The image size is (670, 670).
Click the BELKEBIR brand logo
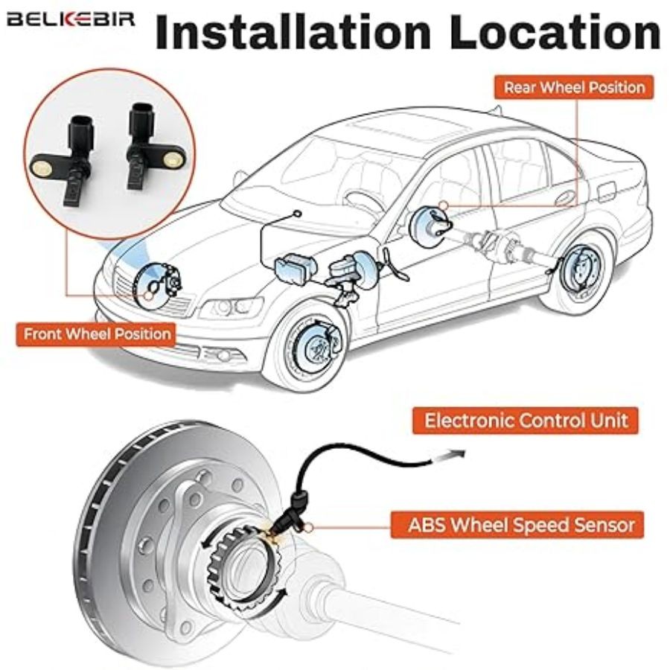(71, 18)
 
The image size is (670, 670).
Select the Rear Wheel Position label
(574, 87)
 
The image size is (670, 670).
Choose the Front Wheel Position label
(97, 333)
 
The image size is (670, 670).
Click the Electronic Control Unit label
(526, 420)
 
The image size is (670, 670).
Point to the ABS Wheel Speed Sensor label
(522, 524)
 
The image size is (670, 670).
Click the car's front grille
(130, 287)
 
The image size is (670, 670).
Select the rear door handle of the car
(565, 198)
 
